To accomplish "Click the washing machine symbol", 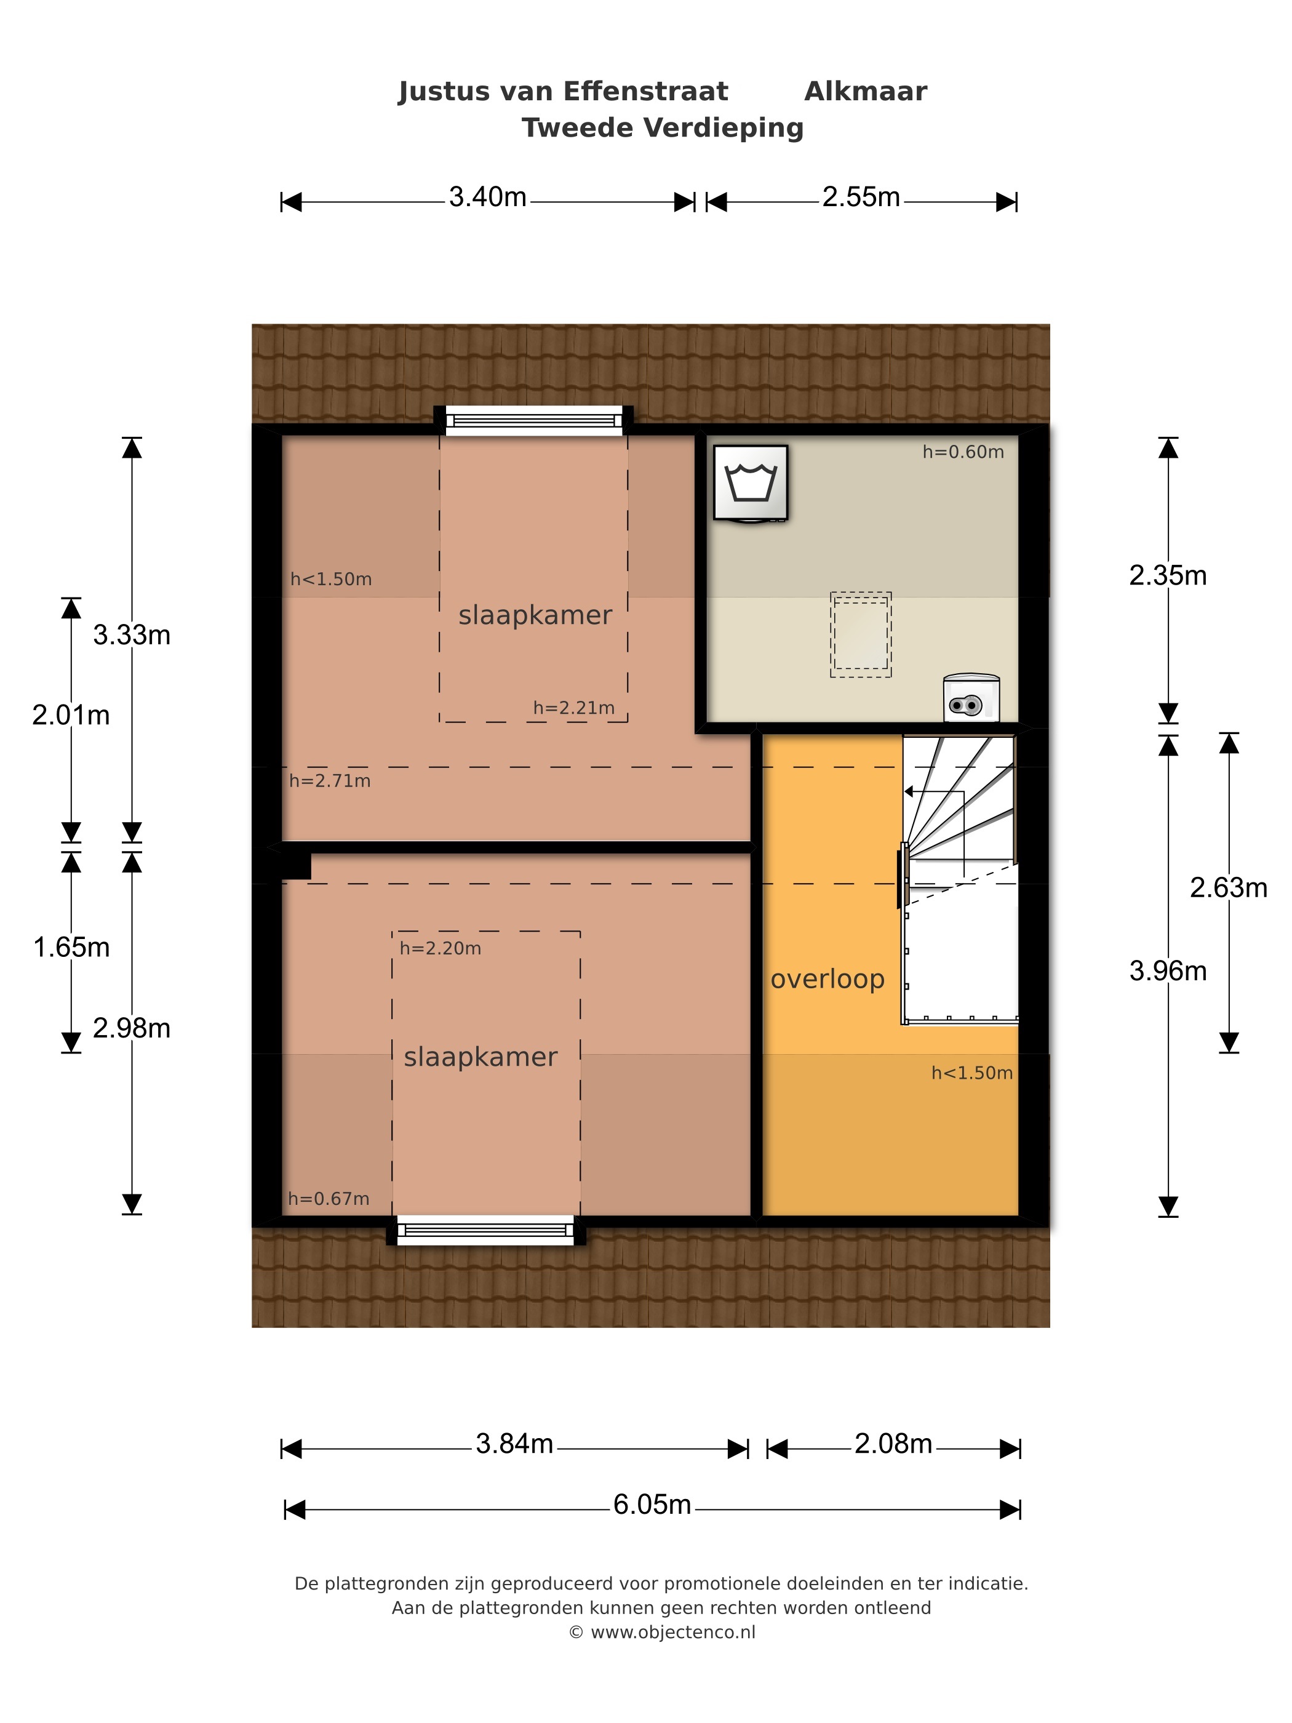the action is pos(750,483).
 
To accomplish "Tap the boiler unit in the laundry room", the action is pos(970,698).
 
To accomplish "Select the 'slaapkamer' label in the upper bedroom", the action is pos(535,615).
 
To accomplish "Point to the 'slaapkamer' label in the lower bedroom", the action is pos(481,1057).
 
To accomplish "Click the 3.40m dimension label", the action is pos(487,197).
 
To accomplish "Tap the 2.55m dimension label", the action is pos(861,197).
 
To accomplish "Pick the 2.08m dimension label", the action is pos(893,1444).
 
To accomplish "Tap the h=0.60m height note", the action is pos(963,452).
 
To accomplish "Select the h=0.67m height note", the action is pos(329,1199).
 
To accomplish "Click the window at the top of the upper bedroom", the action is pos(533,421).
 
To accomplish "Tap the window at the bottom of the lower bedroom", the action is pos(485,1230).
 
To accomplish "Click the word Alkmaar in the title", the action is pos(865,91).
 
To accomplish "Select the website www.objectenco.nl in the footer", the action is pos(673,1632).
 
